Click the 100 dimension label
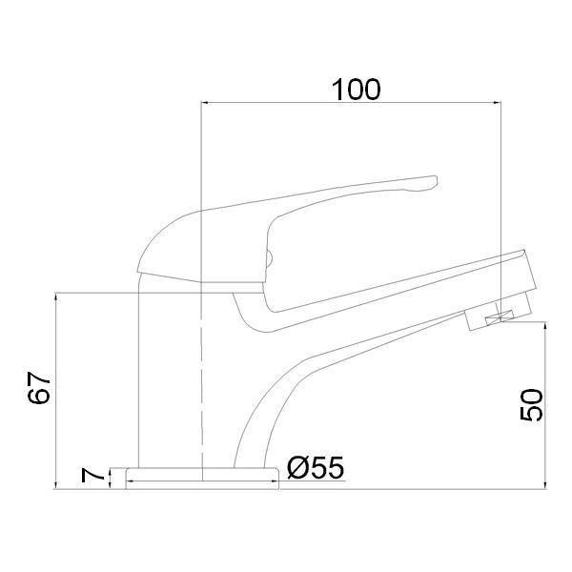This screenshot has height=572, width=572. [356, 90]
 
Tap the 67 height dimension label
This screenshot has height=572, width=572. [39, 387]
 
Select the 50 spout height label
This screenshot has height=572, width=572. [531, 405]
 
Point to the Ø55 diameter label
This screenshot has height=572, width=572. [316, 467]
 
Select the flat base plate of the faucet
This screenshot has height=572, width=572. [202, 479]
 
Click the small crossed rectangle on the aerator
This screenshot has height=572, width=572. [500, 317]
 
